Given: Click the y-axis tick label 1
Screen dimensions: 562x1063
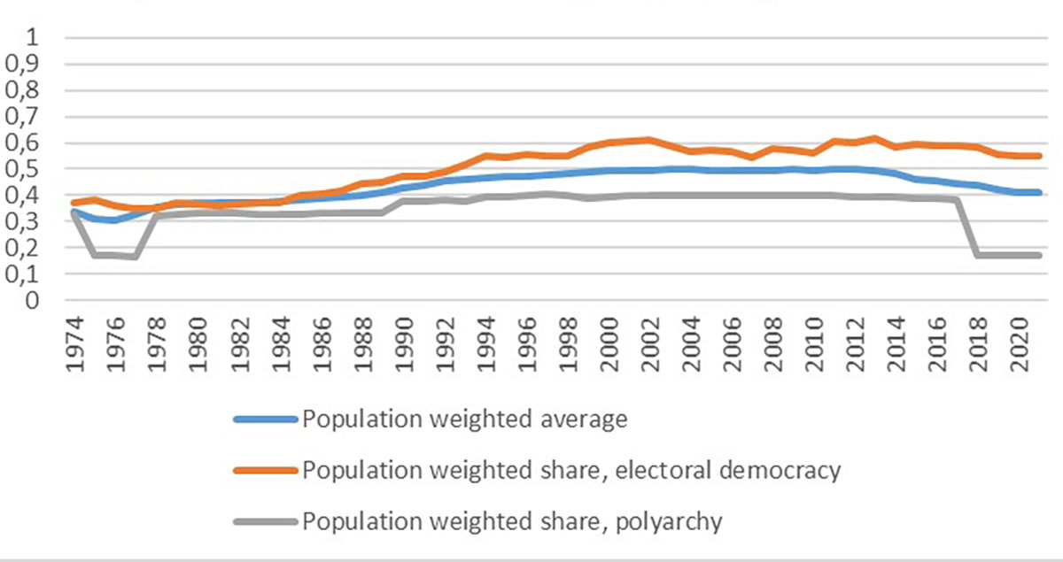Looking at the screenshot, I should pos(35,37).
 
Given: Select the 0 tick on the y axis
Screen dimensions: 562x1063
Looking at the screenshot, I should pos(35,300).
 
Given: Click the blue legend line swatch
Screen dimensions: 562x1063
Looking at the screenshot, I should pos(264,420).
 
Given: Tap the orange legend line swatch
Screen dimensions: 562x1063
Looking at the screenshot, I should pos(264,471).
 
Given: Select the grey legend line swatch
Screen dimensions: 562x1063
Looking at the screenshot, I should pos(264,522).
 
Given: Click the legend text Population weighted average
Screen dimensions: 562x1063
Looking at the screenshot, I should pos(465,420).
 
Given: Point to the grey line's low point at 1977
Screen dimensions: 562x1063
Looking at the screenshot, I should pos(135,257).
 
